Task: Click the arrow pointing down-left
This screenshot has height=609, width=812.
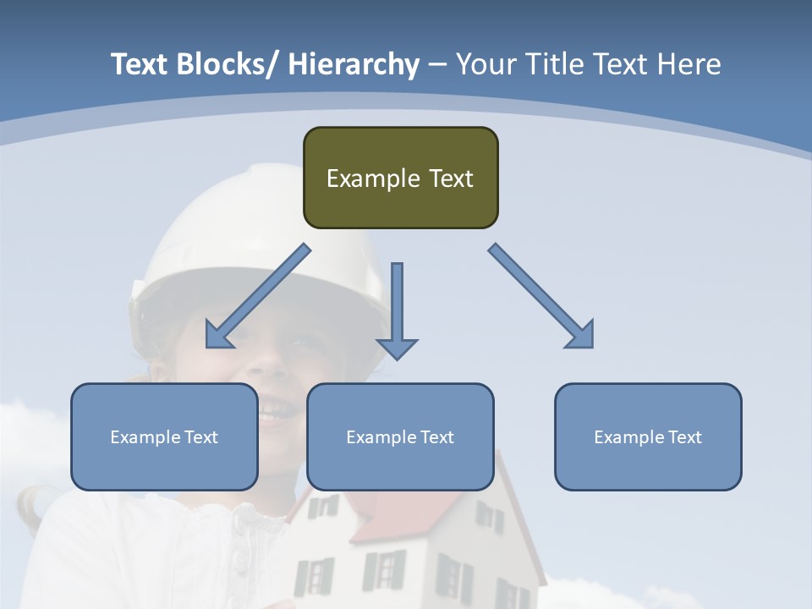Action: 258,296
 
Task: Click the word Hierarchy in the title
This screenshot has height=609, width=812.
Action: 354,64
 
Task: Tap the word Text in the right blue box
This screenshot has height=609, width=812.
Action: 684,437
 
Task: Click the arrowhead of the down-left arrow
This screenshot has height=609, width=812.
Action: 217,336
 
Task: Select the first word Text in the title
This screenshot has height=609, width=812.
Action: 140,64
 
